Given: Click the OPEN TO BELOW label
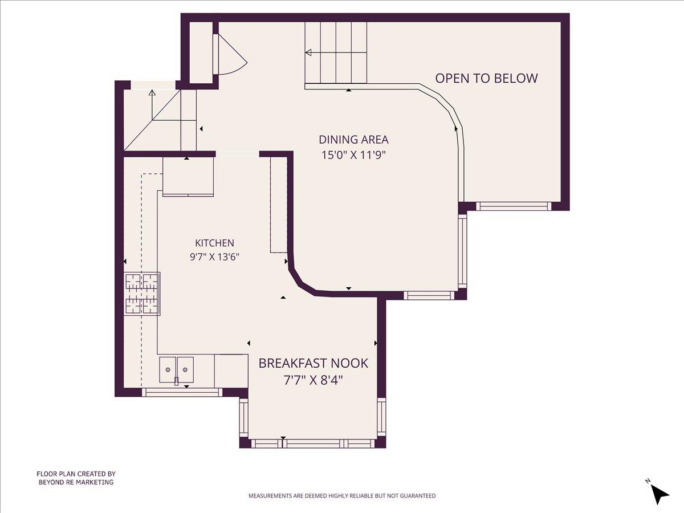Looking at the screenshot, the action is (x=486, y=78).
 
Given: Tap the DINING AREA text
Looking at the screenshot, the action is (x=354, y=140).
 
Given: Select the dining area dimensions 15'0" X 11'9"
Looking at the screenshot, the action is (x=354, y=155).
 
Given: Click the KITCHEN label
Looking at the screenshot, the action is (x=214, y=243).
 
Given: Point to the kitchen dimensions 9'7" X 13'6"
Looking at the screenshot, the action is (x=214, y=257).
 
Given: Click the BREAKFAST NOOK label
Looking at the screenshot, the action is (x=313, y=363).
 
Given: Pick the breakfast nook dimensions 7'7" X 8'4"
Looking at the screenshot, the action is (x=313, y=380).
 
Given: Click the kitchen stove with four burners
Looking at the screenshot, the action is (x=142, y=294).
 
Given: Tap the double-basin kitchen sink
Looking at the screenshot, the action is (x=176, y=370).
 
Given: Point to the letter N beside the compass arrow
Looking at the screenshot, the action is (x=648, y=481).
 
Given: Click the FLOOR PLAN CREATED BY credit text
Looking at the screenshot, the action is (x=76, y=474).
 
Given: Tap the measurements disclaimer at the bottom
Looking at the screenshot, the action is (x=342, y=496).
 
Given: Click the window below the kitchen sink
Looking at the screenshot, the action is (x=182, y=393).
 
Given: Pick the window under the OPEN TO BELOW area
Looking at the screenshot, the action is (x=514, y=206).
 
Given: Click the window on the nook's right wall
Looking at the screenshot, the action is (x=382, y=417).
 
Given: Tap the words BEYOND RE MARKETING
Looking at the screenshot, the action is (x=76, y=482).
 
